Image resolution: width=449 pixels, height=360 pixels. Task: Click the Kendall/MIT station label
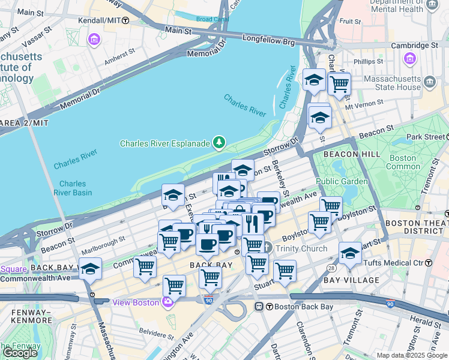pos(99,20)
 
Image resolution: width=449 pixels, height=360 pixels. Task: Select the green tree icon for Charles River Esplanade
pos(220,142)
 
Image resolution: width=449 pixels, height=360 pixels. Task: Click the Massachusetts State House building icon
pos(429,82)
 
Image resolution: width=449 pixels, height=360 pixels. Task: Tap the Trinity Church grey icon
pos(267,248)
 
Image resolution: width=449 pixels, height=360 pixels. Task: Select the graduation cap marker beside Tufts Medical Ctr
pos(350,253)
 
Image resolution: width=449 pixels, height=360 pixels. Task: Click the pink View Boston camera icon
pos(168,302)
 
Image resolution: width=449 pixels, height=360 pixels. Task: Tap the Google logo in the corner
pos(20,353)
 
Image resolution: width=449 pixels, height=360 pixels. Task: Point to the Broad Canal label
pos(212,19)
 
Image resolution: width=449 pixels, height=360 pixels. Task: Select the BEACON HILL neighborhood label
pos(352,154)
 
